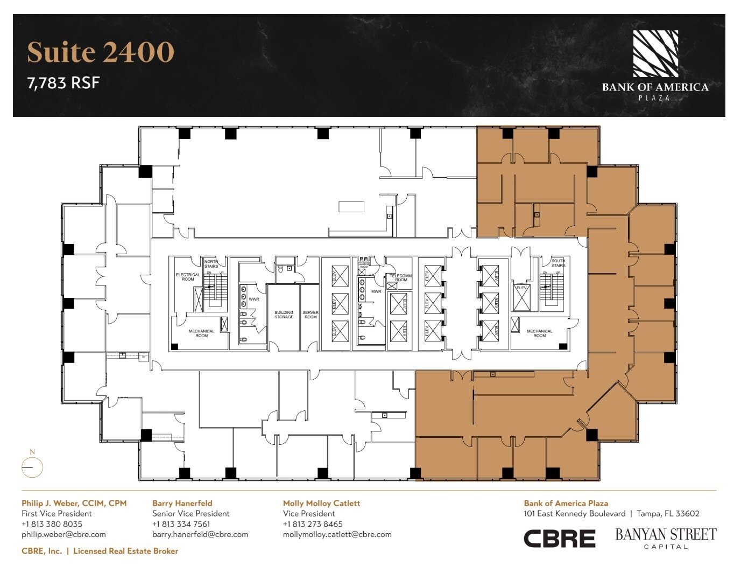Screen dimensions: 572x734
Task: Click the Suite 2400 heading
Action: click(101, 52)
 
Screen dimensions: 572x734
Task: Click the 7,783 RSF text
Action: click(63, 83)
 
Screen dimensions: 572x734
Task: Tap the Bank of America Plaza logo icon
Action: click(655, 53)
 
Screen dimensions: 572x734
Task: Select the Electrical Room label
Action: click(188, 277)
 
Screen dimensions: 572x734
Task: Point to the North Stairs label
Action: click(211, 264)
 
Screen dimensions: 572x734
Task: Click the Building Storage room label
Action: click(284, 315)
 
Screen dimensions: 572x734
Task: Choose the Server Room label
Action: click(310, 315)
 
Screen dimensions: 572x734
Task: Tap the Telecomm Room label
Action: click(401, 277)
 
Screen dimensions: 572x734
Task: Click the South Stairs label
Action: click(558, 263)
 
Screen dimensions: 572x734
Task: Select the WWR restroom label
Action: click(254, 299)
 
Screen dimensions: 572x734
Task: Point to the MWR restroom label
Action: click(376, 291)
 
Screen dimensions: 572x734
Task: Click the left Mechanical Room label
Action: click(201, 333)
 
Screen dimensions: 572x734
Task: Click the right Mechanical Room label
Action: click(539, 333)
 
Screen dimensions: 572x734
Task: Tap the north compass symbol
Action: click(32, 467)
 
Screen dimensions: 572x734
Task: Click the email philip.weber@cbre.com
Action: click(63, 534)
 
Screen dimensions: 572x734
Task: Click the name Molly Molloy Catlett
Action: click(321, 503)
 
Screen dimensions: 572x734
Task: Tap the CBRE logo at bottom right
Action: click(559, 539)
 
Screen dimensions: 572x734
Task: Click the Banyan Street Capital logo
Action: click(666, 538)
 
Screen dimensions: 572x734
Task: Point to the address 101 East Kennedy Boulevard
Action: click(574, 513)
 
